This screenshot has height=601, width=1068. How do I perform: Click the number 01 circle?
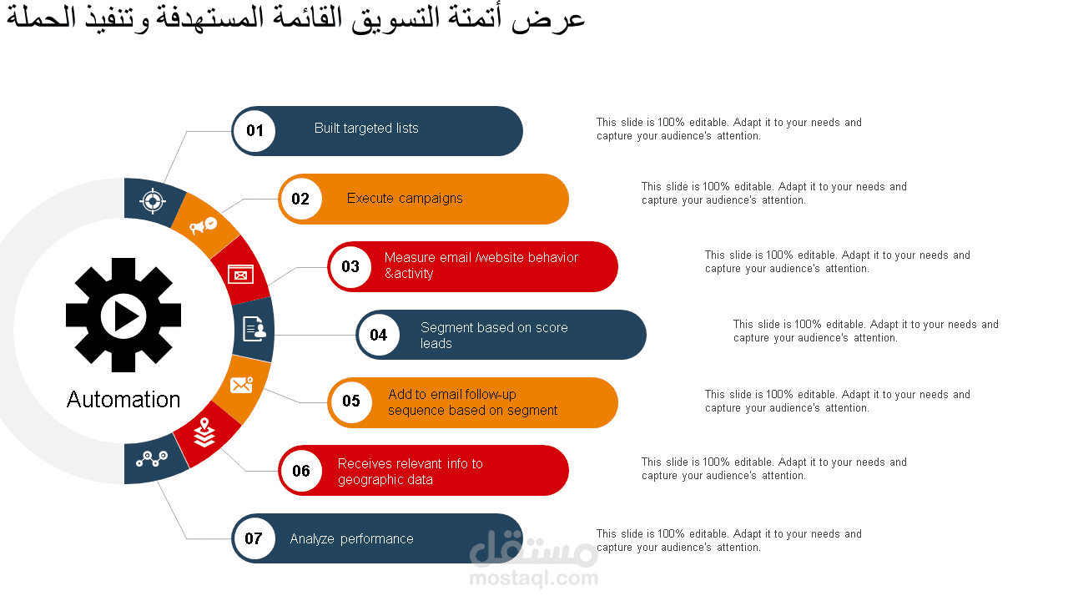coord(254,131)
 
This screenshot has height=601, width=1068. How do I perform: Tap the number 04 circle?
coord(379,335)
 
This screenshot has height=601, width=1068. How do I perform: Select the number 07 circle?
coord(254,538)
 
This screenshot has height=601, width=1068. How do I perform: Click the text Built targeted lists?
coord(366,129)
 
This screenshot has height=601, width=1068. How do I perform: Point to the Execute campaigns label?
coord(405,199)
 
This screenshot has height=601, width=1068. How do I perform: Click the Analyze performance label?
coord(351,539)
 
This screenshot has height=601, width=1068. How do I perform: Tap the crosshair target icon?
coord(153,201)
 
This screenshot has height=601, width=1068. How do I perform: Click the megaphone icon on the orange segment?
coord(203,225)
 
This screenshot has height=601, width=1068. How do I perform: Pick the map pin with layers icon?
coord(204,432)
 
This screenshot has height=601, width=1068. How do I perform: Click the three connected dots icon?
coord(152,459)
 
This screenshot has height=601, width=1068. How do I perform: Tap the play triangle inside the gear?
coord(125,316)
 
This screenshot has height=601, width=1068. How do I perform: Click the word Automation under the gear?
coord(123,400)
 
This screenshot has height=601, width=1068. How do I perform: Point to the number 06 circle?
coord(301,471)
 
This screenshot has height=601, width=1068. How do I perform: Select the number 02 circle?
coord(301,199)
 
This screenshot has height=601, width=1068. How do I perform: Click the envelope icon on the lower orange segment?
coord(241,385)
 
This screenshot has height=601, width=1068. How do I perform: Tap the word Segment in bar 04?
coord(446,328)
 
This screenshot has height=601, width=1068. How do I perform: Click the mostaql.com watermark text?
coord(533,578)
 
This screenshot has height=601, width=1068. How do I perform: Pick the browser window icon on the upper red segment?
coord(241,275)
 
